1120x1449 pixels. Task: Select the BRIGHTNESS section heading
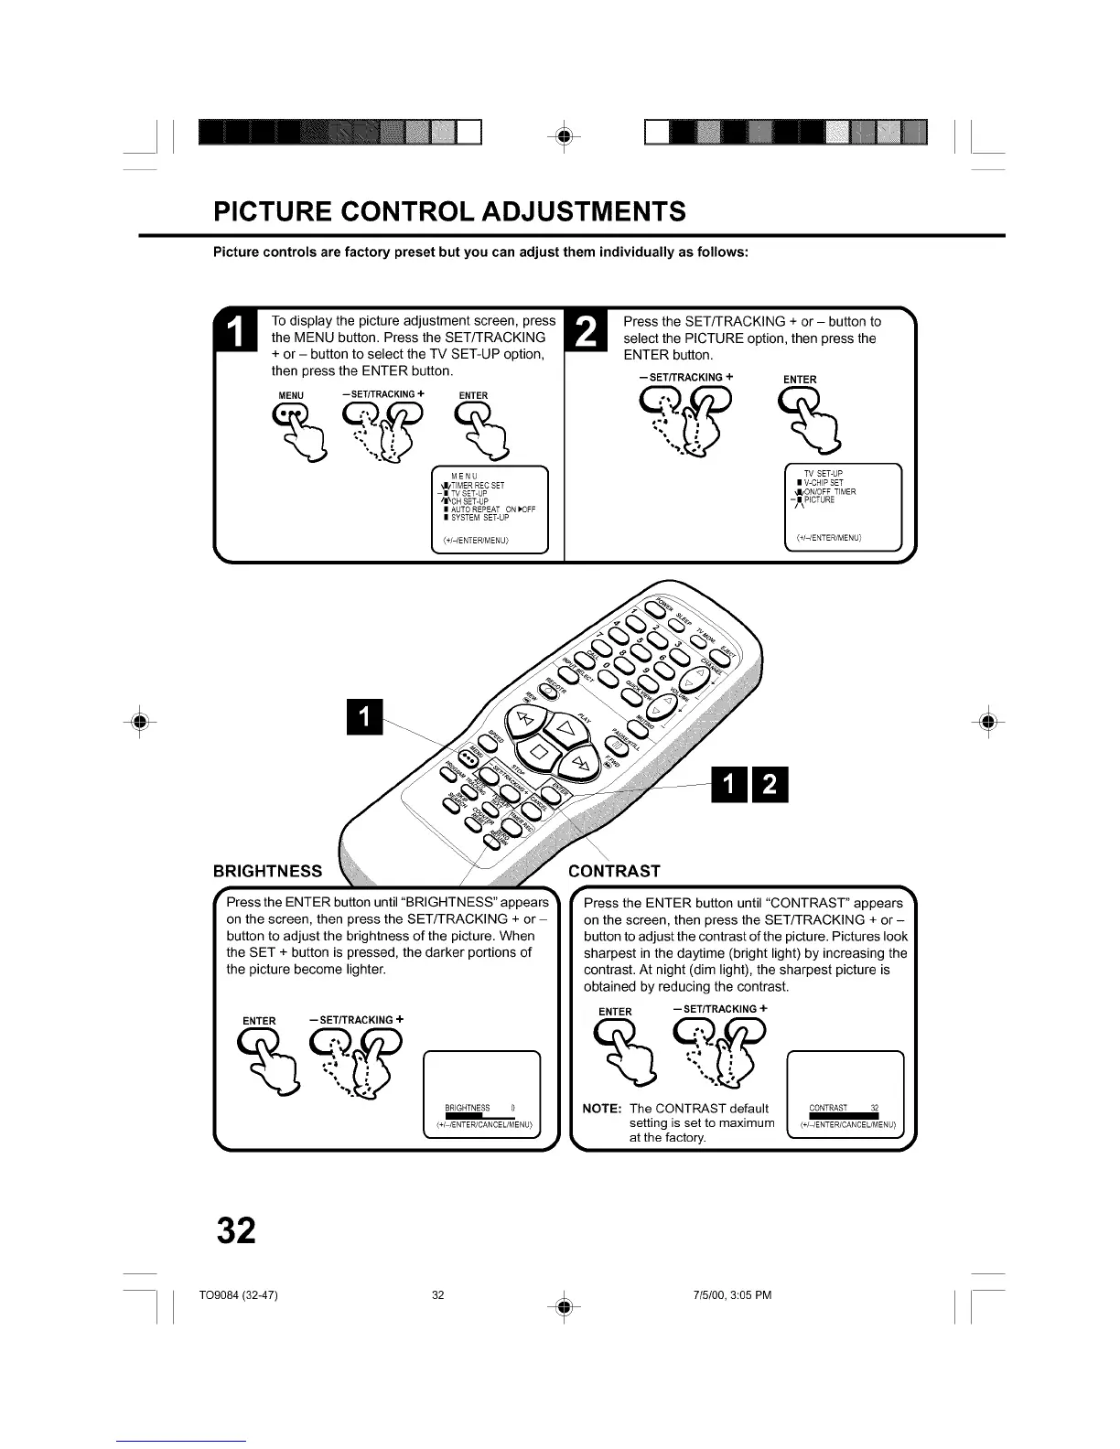click(267, 871)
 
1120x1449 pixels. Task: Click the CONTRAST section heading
click(614, 871)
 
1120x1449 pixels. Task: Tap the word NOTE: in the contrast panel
click(602, 1109)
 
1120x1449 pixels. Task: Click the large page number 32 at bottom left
click(236, 1231)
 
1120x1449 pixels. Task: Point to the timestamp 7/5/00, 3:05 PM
click(732, 1295)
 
